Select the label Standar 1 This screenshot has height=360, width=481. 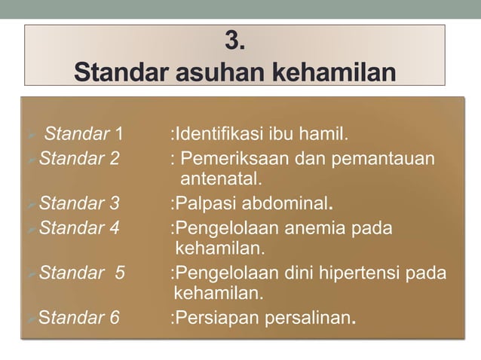[82, 136]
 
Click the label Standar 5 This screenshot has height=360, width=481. [81, 272]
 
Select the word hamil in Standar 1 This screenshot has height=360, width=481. [325, 136]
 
